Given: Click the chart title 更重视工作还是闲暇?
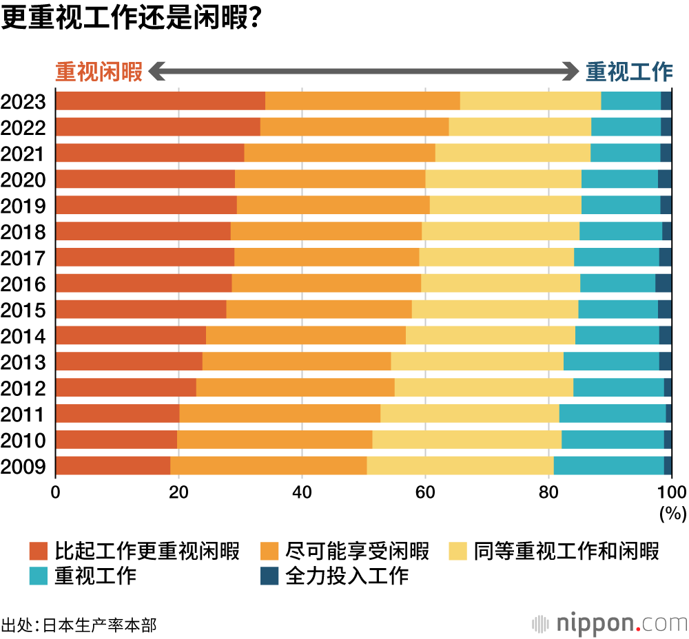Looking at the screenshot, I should pyautogui.click(x=130, y=19).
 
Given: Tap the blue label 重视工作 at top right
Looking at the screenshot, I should pyautogui.click(x=628, y=72).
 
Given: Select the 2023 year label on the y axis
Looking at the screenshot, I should pyautogui.click(x=23, y=102).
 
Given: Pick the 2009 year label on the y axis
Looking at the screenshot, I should pyautogui.click(x=23, y=467).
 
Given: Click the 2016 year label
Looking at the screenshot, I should pyautogui.click(x=23, y=284).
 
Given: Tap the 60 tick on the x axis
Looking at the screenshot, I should pyautogui.click(x=425, y=492).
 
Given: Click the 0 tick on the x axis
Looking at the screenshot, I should pyautogui.click(x=56, y=492).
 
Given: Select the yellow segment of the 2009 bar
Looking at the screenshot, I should pyautogui.click(x=460, y=465).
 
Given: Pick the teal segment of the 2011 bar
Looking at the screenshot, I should pyautogui.click(x=612, y=413).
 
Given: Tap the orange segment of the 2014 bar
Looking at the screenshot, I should pyautogui.click(x=305, y=335).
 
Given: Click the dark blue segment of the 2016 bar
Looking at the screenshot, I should pyautogui.click(x=663, y=283).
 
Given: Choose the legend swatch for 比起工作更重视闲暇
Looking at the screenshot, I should pyautogui.click(x=39, y=551).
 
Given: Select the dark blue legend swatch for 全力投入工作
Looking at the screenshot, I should pyautogui.click(x=269, y=576).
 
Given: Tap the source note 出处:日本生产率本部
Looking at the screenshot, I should pyautogui.click(x=79, y=625).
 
